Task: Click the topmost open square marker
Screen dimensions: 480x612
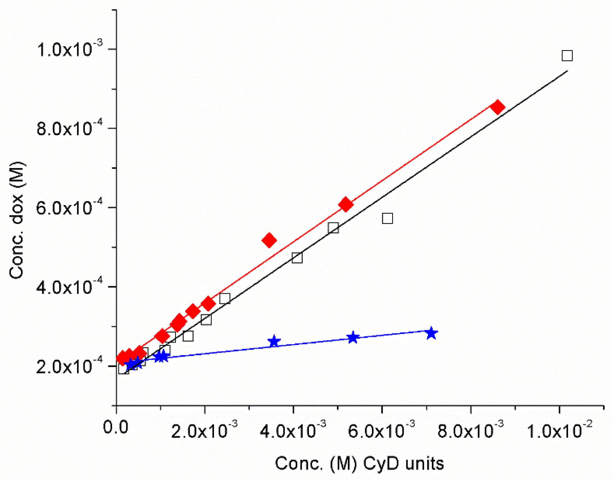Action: tap(567, 56)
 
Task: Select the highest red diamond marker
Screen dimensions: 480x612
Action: tap(497, 107)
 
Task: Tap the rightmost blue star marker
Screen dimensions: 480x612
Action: tap(431, 333)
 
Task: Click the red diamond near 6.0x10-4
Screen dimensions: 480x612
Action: tap(346, 204)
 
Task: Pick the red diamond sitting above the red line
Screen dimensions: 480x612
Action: tap(269, 240)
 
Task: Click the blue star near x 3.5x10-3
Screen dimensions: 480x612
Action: tap(274, 341)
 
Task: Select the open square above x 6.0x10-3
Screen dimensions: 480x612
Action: tap(387, 218)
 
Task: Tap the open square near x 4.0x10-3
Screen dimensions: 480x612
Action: tap(297, 258)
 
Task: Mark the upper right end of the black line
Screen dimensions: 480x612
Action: tap(567, 71)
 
